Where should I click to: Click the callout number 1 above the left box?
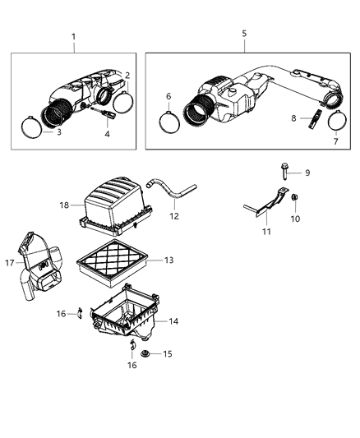[x=73, y=37]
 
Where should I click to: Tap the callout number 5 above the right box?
[x=243, y=34]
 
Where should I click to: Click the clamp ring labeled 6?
[x=171, y=122]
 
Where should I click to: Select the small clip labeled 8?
[x=313, y=121]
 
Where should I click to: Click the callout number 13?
[x=168, y=260]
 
